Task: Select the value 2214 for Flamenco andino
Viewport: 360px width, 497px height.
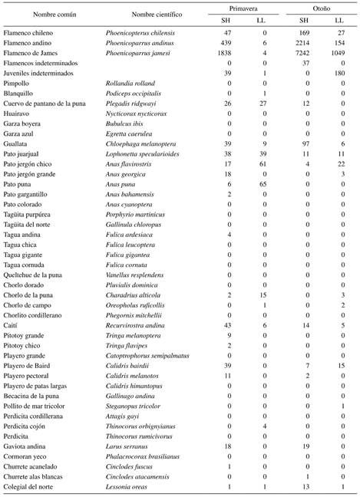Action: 303,47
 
